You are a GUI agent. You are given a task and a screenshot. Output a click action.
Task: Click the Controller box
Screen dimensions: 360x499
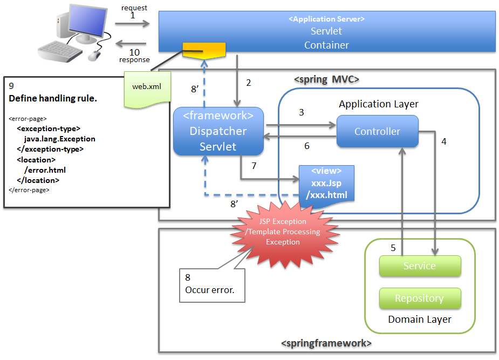pos(377,131)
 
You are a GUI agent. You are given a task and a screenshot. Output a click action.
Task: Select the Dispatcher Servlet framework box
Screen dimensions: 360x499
pos(218,131)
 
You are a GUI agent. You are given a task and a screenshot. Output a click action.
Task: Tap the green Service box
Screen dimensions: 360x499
pos(420,266)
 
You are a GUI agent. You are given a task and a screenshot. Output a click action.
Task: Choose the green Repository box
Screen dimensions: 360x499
pos(420,298)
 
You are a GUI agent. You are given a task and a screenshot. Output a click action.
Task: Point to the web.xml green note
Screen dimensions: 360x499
pos(147,86)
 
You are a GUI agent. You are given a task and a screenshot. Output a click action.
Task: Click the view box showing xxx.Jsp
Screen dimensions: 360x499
pos(326,183)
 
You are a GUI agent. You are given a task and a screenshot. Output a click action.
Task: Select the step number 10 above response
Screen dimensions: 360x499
pos(134,52)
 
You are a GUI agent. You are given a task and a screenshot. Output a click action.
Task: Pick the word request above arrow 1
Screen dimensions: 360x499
pos(134,8)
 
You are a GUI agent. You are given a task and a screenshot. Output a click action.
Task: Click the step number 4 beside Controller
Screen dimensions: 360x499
pos(444,141)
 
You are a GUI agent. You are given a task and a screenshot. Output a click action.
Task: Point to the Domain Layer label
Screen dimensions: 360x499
pos(420,320)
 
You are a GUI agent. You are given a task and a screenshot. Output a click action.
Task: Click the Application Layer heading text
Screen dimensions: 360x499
pos(378,104)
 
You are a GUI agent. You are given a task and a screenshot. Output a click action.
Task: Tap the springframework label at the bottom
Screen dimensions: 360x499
pos(326,343)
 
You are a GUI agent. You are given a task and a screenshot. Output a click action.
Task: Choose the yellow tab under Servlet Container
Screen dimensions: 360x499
pos(203,51)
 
